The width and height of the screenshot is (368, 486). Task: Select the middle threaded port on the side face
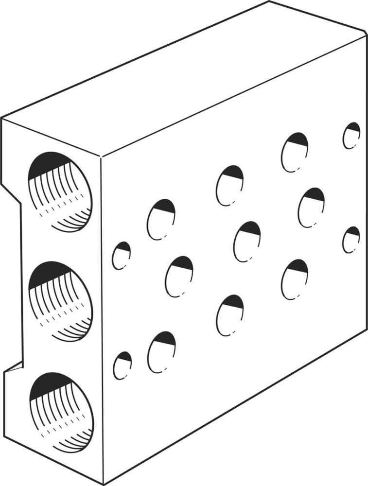(60, 301)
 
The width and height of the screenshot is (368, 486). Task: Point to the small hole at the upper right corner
(351, 136)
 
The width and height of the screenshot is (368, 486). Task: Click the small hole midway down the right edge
(351, 240)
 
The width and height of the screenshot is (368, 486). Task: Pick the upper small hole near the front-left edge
(121, 256)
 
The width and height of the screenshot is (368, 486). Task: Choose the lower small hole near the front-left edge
(122, 365)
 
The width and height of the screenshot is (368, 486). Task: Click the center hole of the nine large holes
(247, 242)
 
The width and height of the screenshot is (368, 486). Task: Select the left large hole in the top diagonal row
(161, 219)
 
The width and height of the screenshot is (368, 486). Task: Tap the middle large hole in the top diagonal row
(229, 186)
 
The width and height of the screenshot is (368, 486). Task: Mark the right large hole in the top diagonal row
(294, 152)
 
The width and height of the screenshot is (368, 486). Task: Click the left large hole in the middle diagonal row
(179, 277)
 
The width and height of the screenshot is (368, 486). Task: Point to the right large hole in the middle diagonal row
(311, 208)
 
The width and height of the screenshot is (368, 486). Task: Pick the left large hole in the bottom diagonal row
(161, 352)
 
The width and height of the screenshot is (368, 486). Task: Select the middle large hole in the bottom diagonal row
(230, 315)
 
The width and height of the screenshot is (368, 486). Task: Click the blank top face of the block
(185, 83)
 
